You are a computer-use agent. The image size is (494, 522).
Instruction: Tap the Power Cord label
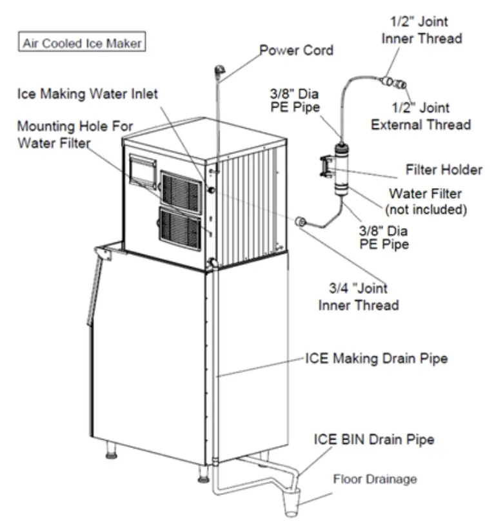pos(296,50)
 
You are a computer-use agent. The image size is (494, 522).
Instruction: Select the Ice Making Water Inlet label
pos(87,93)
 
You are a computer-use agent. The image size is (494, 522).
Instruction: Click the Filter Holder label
pos(443,170)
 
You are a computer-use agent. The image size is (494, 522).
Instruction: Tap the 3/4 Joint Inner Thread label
pos(359,296)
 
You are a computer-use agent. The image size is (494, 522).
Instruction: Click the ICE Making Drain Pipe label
pos(376,359)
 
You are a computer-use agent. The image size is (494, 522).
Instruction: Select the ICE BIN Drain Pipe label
pos(373,440)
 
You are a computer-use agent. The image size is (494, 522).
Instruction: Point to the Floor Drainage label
pos(375,479)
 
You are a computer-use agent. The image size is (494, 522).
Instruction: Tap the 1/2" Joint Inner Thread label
pos(422,30)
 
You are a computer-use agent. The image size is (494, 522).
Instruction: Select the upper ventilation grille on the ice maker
pos(181,191)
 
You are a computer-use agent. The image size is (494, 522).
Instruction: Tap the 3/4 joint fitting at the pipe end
pos(301,222)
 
